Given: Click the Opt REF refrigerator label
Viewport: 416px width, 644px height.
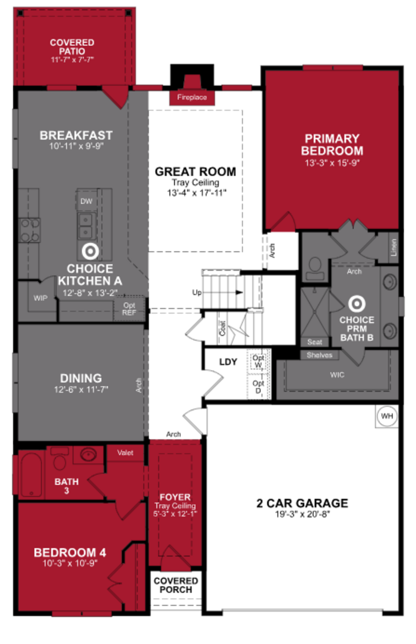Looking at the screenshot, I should tap(129, 309).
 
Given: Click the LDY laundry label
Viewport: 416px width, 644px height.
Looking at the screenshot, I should tap(228, 362).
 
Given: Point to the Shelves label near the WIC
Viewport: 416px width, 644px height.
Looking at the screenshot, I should tap(319, 355).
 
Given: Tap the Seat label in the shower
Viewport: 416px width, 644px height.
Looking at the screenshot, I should tap(315, 342).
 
